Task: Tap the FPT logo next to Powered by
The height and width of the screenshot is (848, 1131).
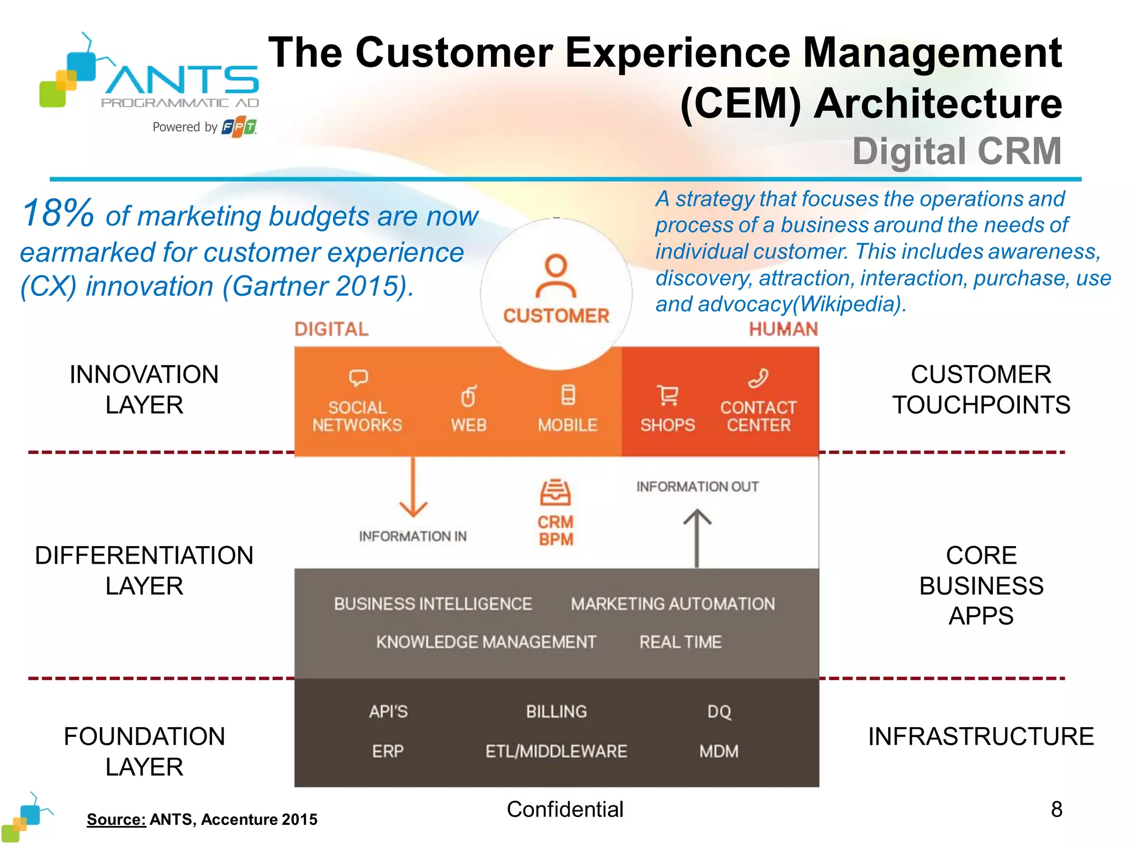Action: [x=239, y=127]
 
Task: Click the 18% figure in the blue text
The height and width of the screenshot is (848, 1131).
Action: [x=57, y=213]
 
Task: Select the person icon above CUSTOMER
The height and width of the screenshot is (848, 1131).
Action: [x=556, y=276]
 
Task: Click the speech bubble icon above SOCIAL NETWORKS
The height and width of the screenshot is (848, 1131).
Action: [x=358, y=378]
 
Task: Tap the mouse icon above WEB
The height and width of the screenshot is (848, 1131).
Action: [x=468, y=396]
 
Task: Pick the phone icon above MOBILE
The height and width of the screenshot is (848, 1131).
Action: [x=568, y=395]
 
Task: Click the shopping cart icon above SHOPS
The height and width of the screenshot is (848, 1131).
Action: [x=668, y=395]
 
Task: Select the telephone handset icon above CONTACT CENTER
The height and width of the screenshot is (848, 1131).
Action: [x=758, y=378]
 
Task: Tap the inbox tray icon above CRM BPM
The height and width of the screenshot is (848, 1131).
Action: [x=555, y=492]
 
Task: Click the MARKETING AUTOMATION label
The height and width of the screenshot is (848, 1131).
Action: [x=673, y=604]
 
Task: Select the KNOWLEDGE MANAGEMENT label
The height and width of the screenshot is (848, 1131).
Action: [x=486, y=642]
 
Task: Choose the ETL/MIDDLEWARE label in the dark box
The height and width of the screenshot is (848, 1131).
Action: [x=556, y=751]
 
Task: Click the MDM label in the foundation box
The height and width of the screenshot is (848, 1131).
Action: [x=718, y=751]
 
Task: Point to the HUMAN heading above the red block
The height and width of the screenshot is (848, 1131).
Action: [x=783, y=330]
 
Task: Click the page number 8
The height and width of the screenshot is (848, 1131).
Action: [x=1056, y=809]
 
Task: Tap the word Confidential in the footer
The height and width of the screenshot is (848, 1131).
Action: [x=565, y=809]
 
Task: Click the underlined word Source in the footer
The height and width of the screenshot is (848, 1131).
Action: [x=116, y=819]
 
